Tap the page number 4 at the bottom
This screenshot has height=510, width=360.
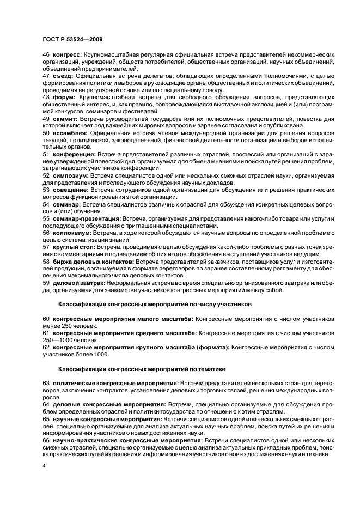click(44, 466)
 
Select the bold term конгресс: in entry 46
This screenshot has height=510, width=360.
click(67, 55)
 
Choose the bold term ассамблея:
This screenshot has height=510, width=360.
click(71, 133)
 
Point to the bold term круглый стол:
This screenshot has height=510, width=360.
click(74, 247)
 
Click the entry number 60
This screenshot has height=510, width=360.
click(46, 318)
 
